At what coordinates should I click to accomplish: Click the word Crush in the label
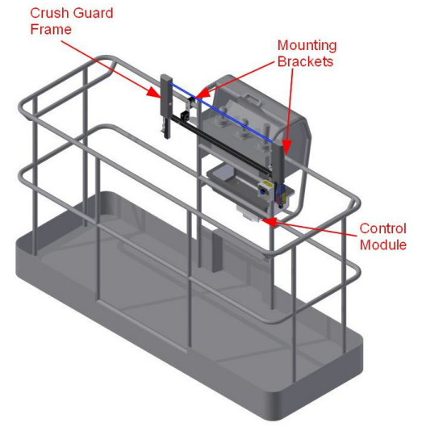(x=48, y=14)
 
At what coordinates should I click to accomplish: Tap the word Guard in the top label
(x=93, y=14)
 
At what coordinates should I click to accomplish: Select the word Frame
(x=51, y=29)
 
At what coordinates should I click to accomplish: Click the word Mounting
(x=307, y=46)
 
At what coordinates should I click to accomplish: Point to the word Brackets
(x=305, y=61)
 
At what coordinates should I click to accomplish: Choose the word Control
(x=382, y=228)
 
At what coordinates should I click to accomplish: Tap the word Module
(x=383, y=245)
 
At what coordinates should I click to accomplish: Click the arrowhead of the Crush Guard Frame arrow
(x=154, y=92)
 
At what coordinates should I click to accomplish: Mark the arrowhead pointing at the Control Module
(x=269, y=221)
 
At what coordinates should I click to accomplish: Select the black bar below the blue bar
(x=221, y=144)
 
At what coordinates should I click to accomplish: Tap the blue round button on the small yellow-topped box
(x=263, y=192)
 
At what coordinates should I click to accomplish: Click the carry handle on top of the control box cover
(x=253, y=98)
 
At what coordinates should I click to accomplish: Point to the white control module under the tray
(x=249, y=213)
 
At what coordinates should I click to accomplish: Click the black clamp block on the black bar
(x=185, y=115)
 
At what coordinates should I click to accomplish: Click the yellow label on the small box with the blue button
(x=267, y=184)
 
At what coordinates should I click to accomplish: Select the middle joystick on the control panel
(x=242, y=128)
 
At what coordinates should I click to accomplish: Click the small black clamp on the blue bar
(x=191, y=102)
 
